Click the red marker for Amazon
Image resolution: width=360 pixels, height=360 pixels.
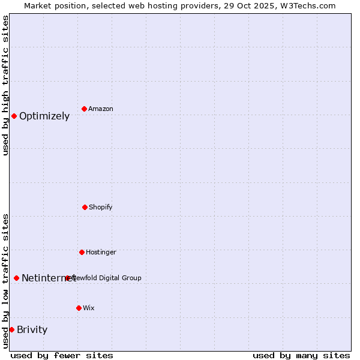(84, 109)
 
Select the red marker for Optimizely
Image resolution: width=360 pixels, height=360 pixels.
(14, 116)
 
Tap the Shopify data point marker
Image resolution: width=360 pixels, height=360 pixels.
(85, 207)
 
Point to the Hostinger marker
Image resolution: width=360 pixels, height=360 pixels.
(82, 252)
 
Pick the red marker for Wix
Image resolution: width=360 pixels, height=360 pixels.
(79, 308)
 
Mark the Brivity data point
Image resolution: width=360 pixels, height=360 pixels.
(11, 329)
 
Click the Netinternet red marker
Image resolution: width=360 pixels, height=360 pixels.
(16, 278)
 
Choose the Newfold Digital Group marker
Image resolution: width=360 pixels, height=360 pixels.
(67, 278)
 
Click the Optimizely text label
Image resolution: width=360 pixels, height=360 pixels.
(44, 116)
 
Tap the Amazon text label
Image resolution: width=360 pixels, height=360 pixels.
(101, 109)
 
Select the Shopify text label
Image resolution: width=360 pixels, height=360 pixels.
(101, 207)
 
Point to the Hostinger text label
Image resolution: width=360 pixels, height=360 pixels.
(101, 252)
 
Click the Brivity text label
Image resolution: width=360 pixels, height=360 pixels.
(32, 330)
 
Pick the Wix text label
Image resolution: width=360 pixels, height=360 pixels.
(89, 308)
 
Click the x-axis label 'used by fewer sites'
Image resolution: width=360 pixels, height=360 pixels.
(62, 355)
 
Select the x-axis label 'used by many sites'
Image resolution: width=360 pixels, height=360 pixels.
(301, 355)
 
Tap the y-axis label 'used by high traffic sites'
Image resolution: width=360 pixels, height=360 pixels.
(5, 85)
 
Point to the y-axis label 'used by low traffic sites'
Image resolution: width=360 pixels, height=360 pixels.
(5, 281)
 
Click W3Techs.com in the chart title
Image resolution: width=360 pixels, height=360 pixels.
(310, 5)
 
